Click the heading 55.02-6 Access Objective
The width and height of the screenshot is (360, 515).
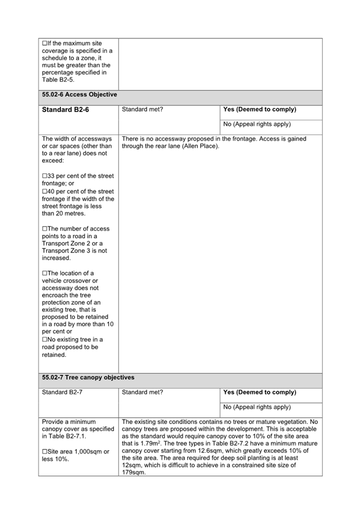pos(79,94)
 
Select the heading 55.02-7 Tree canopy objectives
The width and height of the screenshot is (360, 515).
pos(88,377)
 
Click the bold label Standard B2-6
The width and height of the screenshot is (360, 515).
pos(65,110)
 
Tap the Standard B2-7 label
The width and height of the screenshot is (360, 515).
pos(62,392)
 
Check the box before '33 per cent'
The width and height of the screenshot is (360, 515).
pos(45,176)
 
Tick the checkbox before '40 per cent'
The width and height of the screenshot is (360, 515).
pos(45,191)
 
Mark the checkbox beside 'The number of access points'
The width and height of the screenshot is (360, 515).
pos(45,229)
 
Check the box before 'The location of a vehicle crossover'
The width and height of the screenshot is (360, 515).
pos(45,273)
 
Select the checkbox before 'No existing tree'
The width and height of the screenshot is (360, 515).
pos(45,339)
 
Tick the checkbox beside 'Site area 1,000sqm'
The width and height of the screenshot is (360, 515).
pos(45,451)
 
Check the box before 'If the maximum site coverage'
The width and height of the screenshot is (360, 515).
pos(45,43)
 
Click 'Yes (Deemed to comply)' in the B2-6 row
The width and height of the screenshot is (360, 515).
pos(260,110)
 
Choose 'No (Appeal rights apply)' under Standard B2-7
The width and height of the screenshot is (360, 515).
pos(257,407)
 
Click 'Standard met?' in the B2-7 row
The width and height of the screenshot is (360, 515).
pos(142,392)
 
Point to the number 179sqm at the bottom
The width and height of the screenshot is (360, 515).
pos(134,473)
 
